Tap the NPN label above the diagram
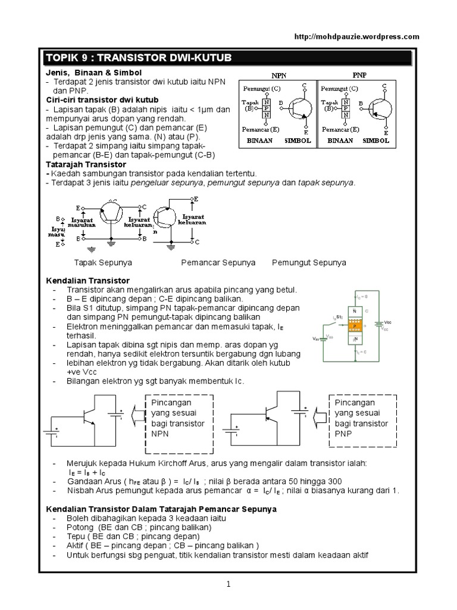coord(278,77)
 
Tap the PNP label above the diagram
coord(359,77)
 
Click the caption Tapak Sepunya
coord(103,262)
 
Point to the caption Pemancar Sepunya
coord(218,262)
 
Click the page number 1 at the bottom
coord(228,586)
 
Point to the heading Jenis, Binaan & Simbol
coord(86,72)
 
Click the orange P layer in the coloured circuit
coord(355,326)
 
